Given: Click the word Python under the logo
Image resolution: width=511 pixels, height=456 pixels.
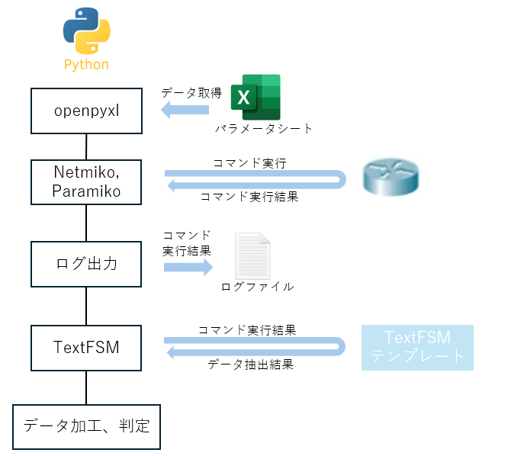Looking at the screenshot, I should coord(85,65).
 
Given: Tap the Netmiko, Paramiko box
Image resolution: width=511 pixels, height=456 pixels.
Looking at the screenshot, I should coord(86,182).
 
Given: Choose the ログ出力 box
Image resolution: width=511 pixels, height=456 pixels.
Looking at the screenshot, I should coord(86,264).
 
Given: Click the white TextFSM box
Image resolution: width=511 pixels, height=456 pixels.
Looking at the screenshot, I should coord(86,348).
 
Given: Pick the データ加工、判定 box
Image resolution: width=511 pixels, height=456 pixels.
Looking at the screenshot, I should coord(86,425).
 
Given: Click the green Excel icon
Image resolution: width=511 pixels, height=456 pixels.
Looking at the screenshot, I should coord(256,97).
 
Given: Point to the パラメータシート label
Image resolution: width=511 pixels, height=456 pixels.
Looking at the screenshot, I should coord(264,129).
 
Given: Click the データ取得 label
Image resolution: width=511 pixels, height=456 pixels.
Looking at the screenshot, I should coord(191,93).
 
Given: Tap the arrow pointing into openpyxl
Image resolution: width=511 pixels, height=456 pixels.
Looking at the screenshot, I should coord(185,111).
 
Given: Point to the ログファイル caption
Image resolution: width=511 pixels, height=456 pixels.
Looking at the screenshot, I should coord(257,287).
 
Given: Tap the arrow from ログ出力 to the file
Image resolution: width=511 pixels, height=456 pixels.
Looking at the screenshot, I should coord(188,267).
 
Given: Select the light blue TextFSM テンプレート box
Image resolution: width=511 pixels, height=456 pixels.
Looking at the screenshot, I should coord(417,348).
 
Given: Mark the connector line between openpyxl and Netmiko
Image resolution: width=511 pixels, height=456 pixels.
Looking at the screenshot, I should coord(86,145).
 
